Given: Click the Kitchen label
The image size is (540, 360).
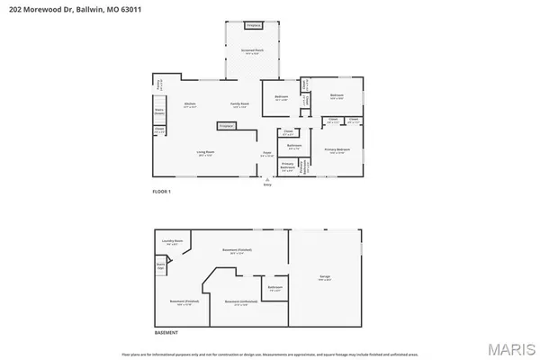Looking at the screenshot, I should point(190,105).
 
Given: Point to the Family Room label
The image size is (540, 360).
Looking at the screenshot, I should point(238,105).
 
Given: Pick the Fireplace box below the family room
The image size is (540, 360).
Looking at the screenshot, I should point(225,125).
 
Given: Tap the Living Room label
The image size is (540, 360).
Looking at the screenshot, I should point(206,153).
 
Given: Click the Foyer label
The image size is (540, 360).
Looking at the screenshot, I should point(266,153).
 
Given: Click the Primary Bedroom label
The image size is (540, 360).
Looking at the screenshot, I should point(338,151).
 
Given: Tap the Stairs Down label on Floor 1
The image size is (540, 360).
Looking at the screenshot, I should point(159,113).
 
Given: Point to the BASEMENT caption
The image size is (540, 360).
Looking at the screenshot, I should point(166,332).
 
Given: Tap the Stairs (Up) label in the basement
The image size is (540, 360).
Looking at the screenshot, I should point(160,266).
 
